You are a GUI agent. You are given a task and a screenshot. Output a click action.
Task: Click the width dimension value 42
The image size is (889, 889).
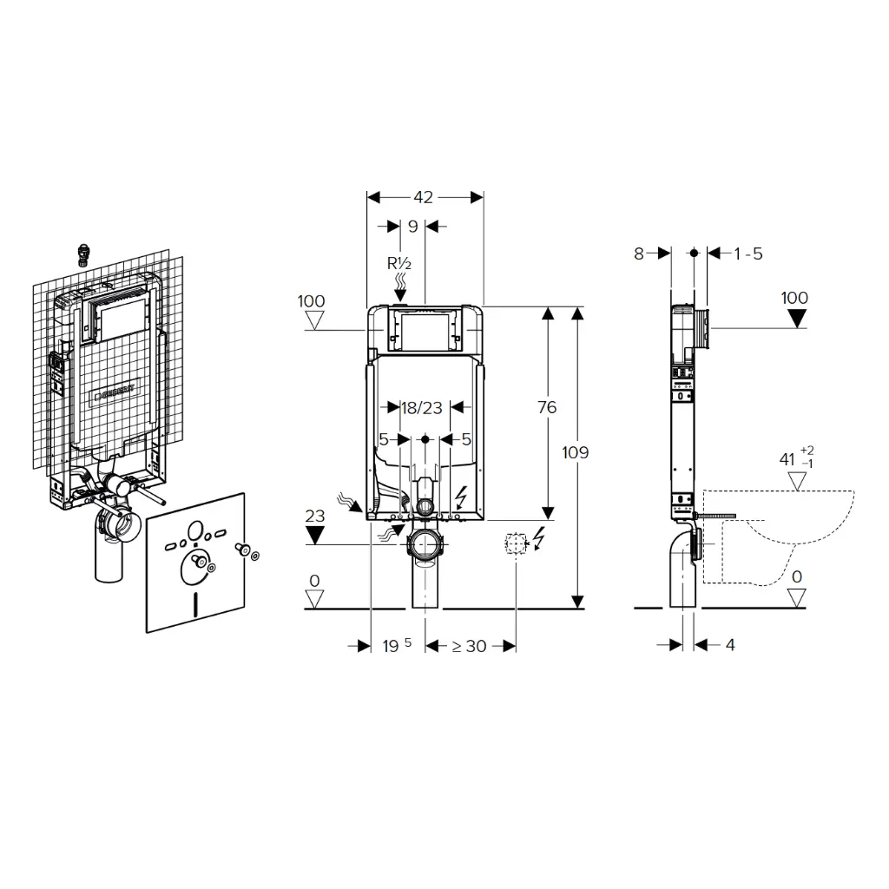[x=423, y=198]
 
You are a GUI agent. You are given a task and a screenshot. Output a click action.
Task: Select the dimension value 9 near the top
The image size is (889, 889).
[x=412, y=227]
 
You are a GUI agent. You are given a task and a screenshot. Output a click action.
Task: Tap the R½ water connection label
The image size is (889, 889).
[x=400, y=263]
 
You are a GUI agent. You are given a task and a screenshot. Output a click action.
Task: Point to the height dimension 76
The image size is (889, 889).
[x=547, y=408]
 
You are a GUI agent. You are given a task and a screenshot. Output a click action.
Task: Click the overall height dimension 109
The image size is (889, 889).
[x=575, y=452]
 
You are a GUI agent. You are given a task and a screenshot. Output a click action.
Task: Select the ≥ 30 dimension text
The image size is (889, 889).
[x=469, y=646]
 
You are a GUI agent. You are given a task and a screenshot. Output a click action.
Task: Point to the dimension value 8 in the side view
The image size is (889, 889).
[x=639, y=254]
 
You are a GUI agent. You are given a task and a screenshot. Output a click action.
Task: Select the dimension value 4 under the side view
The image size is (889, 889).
[x=729, y=645]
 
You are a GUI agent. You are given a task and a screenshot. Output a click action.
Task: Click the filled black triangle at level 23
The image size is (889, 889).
[x=315, y=535]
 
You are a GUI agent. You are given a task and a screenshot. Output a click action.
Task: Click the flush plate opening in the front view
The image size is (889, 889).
[x=424, y=330]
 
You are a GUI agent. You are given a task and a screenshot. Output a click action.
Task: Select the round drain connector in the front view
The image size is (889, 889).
[x=425, y=546]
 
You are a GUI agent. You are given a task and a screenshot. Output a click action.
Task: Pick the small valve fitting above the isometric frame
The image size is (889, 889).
[x=84, y=253]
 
